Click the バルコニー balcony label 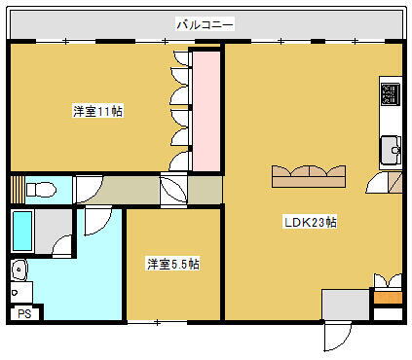pyautogui.click(x=206, y=22)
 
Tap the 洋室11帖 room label pyautogui.click(x=97, y=110)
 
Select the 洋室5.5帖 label pyautogui.click(x=173, y=264)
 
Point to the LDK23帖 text pyautogui.click(x=310, y=222)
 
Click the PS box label pyautogui.click(x=25, y=313)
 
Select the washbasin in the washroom pyautogui.click(x=19, y=269)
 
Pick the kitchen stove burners pyautogui.click(x=390, y=94)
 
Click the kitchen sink pyautogui.click(x=393, y=150)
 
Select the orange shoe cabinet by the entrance pyautogui.click(x=387, y=297)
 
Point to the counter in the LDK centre pyautogui.click(x=310, y=175)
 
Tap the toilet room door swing pyautogui.click(x=88, y=189)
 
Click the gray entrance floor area pyautogui.click(x=345, y=305)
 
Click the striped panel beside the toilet pyautogui.click(x=16, y=188)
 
